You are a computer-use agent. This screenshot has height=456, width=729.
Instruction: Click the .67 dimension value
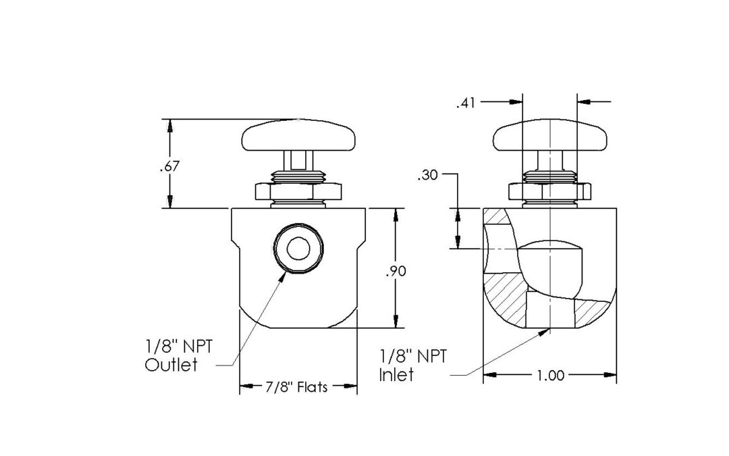pyautogui.click(x=169, y=167)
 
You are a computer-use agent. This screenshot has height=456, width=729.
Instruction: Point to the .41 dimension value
pyautogui.click(x=466, y=103)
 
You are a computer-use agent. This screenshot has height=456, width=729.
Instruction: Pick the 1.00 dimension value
pyautogui.click(x=551, y=376)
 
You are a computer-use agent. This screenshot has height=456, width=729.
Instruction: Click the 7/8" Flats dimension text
pyautogui.click(x=297, y=387)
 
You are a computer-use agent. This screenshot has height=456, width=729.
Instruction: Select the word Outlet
pyautogui.click(x=171, y=365)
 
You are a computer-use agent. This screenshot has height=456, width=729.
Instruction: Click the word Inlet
pyautogui.click(x=396, y=374)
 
